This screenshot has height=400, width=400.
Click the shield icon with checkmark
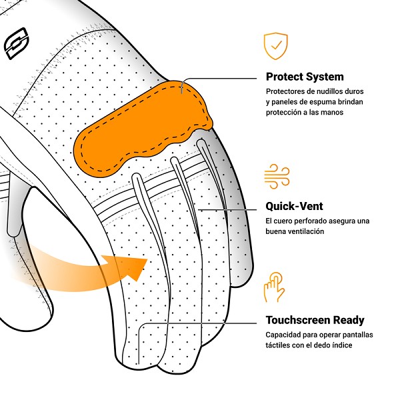coord(276,46)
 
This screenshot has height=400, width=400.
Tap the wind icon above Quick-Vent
coord(277,176)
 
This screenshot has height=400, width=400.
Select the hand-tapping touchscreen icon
coord(274,287)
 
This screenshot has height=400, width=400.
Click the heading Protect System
coord(305,77)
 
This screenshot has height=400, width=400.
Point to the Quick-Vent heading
coord(294,206)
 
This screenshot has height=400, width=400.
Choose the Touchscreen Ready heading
coord(315,320)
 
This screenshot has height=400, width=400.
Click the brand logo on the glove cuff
coord(16,43)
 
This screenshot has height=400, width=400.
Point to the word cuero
coord(283,221)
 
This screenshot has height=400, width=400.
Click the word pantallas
coord(357,335)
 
